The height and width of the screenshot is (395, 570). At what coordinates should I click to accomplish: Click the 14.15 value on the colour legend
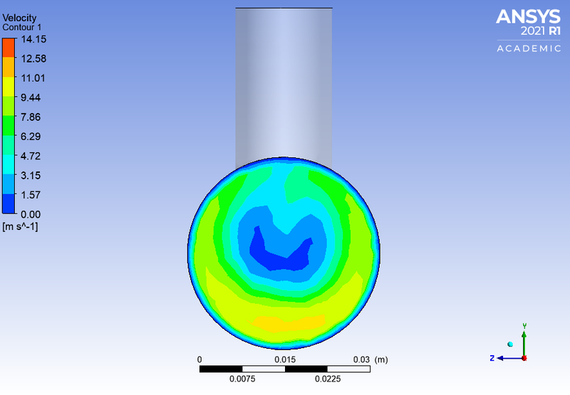[x=33, y=39]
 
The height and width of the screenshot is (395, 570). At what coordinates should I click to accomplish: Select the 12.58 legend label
[x=33, y=58]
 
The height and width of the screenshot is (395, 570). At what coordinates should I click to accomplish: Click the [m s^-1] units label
[x=21, y=227]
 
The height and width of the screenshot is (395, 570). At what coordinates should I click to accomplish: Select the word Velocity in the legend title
[x=19, y=17]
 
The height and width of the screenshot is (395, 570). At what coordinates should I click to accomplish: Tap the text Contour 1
[x=22, y=26]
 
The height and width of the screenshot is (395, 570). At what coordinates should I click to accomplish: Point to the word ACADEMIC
[x=529, y=48]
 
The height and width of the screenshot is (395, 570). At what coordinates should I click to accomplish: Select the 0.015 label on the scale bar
[x=285, y=359]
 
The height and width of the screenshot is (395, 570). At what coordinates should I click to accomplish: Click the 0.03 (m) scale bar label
[x=371, y=359]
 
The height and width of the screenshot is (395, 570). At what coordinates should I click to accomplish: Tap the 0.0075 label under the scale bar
[x=242, y=379]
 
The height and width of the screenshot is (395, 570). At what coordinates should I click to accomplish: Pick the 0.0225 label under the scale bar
[x=328, y=379]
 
